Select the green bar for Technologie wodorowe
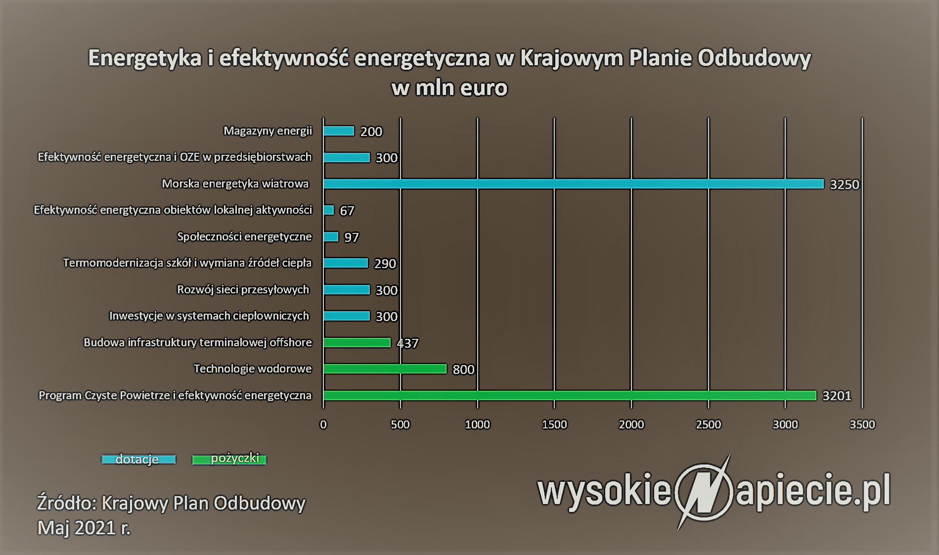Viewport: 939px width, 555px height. (385, 369)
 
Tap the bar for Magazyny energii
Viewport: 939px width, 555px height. (339, 131)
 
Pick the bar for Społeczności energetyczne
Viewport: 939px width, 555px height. (331, 237)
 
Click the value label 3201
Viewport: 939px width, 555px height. (837, 396)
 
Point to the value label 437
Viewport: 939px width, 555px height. (407, 343)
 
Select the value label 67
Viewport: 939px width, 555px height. (347, 211)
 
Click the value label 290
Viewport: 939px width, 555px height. (385, 264)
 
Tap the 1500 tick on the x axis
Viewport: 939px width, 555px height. (554, 424)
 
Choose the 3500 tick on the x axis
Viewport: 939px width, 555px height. (862, 424)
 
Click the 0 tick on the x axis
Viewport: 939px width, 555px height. (323, 424)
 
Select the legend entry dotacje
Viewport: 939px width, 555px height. (138, 460)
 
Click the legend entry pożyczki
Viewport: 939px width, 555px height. (229, 459)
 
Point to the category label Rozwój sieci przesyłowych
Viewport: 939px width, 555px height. (243, 290)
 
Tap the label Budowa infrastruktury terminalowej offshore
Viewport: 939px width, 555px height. (198, 342)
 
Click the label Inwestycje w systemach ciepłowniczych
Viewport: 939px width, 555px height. (209, 316)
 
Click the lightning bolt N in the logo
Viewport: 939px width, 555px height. (703, 492)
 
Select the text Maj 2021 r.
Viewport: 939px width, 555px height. (84, 528)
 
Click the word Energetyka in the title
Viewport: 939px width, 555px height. (145, 58)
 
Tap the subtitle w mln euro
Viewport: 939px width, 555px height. (449, 88)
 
